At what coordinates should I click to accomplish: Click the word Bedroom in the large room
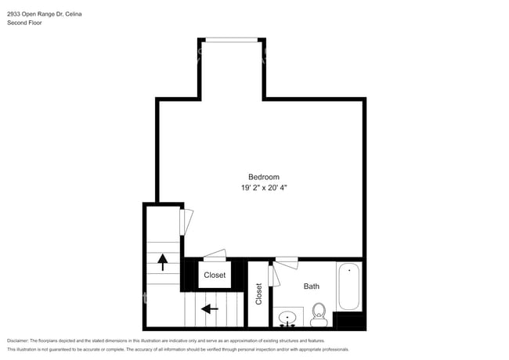[x=263, y=177]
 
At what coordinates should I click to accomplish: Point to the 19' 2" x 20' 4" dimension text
[x=263, y=188]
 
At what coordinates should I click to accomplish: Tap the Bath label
[x=312, y=286]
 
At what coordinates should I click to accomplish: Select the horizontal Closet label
[x=215, y=275]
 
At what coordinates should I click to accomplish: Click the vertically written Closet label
[x=258, y=293]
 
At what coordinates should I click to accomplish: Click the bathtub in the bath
[x=349, y=286]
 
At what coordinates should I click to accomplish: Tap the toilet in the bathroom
[x=318, y=315]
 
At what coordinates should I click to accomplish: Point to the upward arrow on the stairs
[x=162, y=261]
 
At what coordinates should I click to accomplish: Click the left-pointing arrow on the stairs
[x=209, y=309]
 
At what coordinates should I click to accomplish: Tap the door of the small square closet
[x=214, y=255]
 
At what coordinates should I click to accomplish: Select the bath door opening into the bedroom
[x=286, y=259]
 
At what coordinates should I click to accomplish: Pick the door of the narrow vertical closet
[x=271, y=275]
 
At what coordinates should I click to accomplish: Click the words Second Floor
[x=24, y=23]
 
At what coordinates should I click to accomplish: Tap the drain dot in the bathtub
[x=349, y=271]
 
